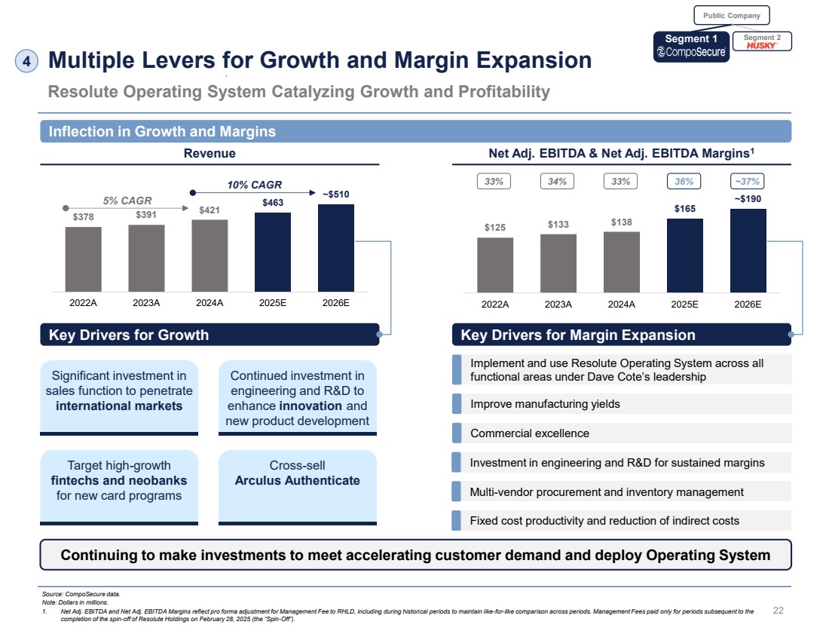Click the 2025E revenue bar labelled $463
pyautogui.click(x=273, y=252)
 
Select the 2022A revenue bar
pyautogui.click(x=83, y=259)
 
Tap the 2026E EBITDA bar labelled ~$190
pyautogui.click(x=748, y=250)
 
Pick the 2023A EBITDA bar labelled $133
pyautogui.click(x=558, y=262)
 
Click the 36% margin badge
pyautogui.click(x=685, y=181)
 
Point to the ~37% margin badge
pyautogui.click(x=748, y=181)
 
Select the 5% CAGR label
pyautogui.click(x=127, y=201)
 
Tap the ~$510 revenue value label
pyautogui.click(x=336, y=194)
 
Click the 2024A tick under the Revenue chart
pyautogui.click(x=210, y=305)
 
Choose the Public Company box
pyautogui.click(x=731, y=15)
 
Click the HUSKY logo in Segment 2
pyautogui.click(x=761, y=46)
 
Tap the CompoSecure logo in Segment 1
pyautogui.click(x=692, y=52)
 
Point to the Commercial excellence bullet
pyautogui.click(x=529, y=433)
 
